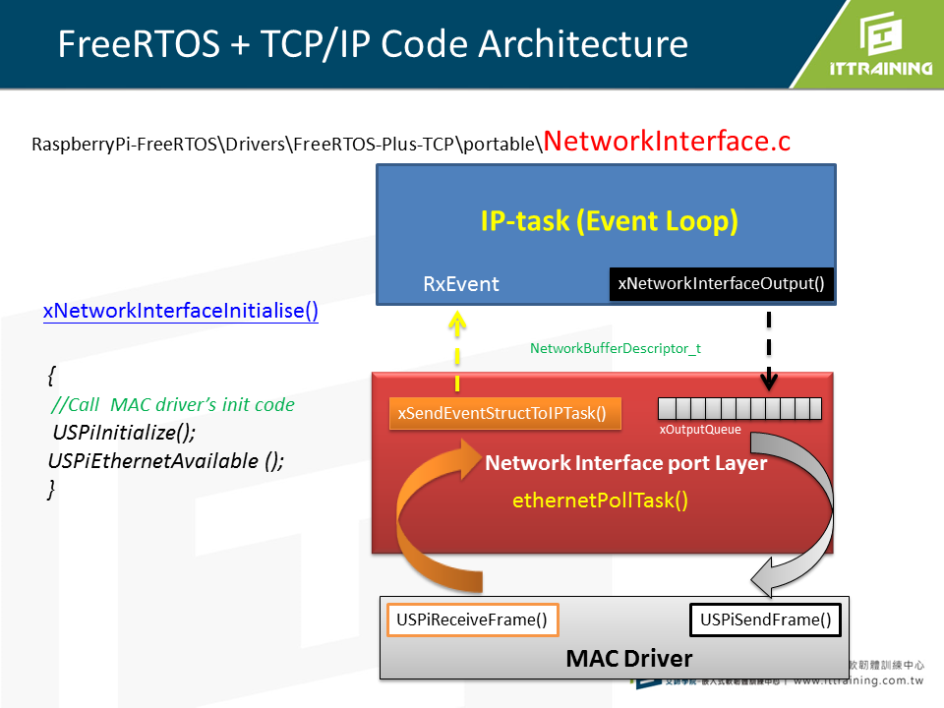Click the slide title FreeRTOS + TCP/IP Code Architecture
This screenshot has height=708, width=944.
373,44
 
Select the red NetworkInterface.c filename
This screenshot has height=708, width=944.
667,141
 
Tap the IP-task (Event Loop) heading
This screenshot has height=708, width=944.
609,221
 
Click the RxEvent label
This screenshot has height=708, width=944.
460,284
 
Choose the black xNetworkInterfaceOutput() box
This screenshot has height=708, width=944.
722,284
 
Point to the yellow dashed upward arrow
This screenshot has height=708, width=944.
458,350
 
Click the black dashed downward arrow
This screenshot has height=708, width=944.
769,350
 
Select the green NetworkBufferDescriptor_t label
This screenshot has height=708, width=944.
616,348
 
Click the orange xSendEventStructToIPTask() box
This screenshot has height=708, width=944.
505,413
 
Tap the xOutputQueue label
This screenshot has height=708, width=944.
700,430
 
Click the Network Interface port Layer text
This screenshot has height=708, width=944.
625,462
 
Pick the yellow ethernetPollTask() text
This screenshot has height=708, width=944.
600,500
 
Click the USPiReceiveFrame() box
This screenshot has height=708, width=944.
472,619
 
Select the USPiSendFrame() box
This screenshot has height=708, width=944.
765,619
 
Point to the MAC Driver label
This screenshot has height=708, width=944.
628,658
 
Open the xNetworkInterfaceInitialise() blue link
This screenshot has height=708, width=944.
181,311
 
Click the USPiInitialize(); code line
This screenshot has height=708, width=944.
124,433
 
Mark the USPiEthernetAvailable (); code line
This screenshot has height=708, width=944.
165,460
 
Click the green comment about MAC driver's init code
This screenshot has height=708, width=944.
173,404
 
